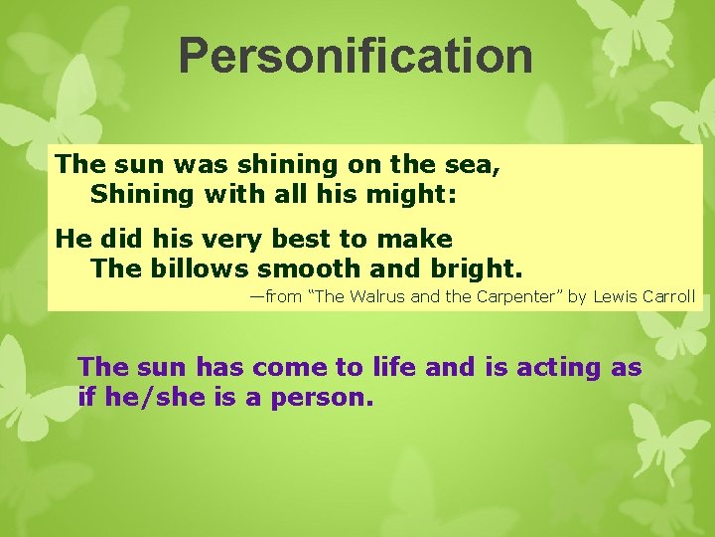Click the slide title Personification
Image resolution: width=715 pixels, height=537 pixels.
[356, 57]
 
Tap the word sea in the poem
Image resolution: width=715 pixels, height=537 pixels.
[474, 165]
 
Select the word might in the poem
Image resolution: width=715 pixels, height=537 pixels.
[415, 194]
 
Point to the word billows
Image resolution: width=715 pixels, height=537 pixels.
[203, 268]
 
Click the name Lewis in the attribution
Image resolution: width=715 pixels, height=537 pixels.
[616, 297]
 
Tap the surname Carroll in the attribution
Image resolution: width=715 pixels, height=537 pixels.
[670, 297]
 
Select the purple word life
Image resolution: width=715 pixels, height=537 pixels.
[393, 368]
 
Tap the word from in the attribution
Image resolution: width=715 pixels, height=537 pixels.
[285, 297]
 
